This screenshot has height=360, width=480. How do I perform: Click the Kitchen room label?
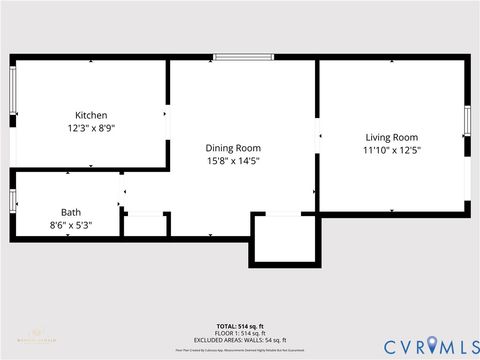click(x=91, y=115)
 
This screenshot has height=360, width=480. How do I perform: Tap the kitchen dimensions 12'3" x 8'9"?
click(x=91, y=129)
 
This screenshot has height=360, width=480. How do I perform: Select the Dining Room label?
click(x=233, y=147)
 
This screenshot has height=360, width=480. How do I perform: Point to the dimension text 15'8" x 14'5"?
click(x=233, y=161)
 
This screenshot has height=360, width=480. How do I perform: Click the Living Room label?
click(x=391, y=137)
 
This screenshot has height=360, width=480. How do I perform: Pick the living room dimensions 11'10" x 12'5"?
click(x=391, y=151)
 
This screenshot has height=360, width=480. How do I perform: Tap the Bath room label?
click(x=71, y=212)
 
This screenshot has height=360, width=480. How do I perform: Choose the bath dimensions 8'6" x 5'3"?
click(x=71, y=225)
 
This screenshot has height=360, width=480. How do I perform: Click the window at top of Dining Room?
click(x=243, y=57)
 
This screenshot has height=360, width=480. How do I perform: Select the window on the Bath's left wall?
click(x=12, y=200)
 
